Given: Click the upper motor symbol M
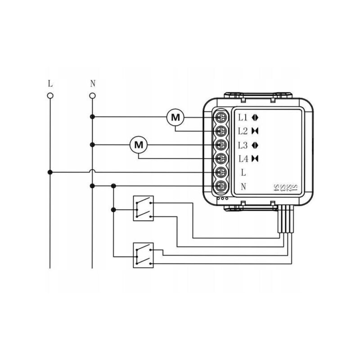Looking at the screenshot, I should (x=175, y=117).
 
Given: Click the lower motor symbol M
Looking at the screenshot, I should (x=139, y=145).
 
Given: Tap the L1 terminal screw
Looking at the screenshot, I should (x=221, y=117).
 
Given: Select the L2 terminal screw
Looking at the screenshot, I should (x=221, y=131).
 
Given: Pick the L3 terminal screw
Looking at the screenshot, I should (x=221, y=145).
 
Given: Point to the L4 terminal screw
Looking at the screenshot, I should (x=221, y=158).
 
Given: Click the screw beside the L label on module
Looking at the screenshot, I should (x=221, y=172).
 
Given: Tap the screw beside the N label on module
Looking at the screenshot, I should (x=221, y=186).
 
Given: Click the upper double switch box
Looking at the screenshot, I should (x=144, y=208).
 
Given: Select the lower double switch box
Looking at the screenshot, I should (x=144, y=256).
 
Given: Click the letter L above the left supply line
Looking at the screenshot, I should (x=50, y=84).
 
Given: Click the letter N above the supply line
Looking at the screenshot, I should (x=93, y=84).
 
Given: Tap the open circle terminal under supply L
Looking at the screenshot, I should (x=50, y=95).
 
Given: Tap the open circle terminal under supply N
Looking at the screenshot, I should (x=92, y=95).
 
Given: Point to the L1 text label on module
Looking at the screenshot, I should (x=243, y=117).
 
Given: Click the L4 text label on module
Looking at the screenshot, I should (x=243, y=158).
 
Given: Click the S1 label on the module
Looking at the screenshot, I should (x=295, y=187).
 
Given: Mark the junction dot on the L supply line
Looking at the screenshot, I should (x=50, y=172).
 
